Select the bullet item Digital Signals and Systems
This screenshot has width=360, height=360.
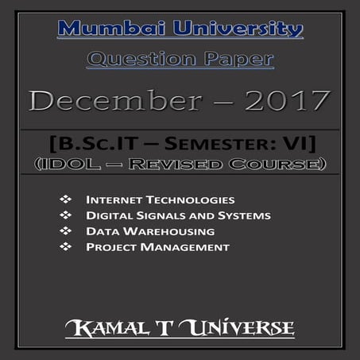coord(178,215)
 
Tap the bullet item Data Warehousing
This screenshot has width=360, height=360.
coord(150,231)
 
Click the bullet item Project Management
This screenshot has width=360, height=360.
coord(157,247)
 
